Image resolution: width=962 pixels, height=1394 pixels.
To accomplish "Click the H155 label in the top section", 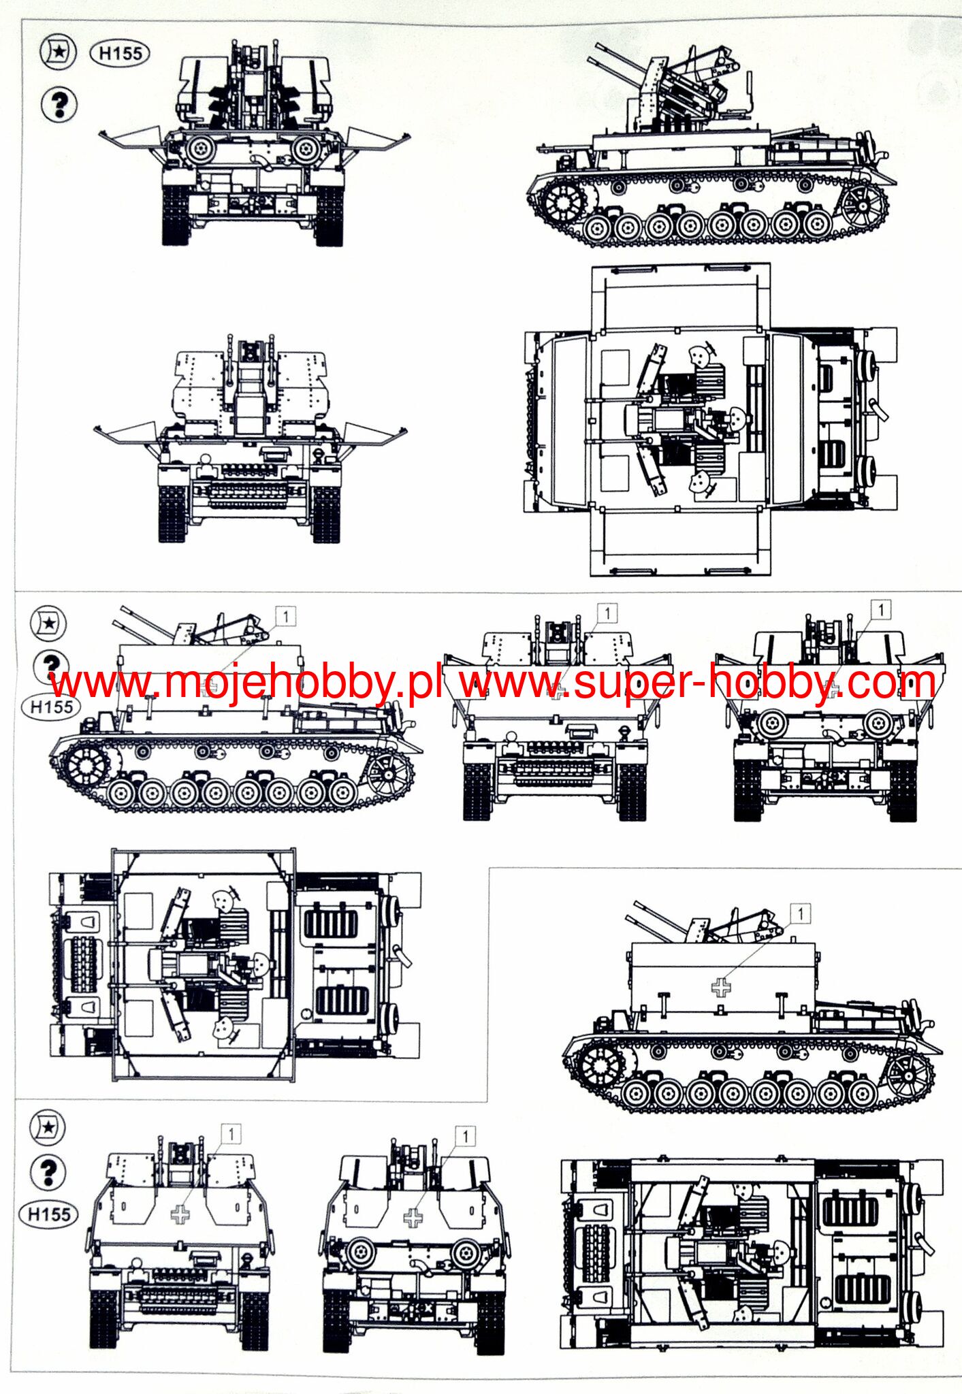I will point(120,53).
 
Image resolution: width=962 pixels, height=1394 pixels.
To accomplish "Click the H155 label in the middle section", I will point(51,707).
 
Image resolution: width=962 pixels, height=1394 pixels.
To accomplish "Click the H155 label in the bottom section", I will point(49,1214).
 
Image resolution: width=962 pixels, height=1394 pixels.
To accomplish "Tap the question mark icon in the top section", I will point(59,104).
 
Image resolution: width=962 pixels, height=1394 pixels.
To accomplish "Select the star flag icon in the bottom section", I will point(48,1127).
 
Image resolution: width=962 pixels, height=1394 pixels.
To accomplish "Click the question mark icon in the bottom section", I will point(48,1171).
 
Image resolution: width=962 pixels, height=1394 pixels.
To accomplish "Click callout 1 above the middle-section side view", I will point(285,617).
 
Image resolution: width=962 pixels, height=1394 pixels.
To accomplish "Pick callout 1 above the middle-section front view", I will point(607,613).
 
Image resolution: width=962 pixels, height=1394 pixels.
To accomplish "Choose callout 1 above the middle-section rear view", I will point(881,609).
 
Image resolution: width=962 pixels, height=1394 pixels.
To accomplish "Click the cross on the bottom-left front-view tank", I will point(180,1214).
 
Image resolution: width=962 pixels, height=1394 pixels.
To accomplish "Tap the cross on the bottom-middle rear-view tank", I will point(413,1217).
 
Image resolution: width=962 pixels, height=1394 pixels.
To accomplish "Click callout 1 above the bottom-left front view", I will point(231,1134).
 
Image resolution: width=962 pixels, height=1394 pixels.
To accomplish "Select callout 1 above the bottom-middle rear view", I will point(465,1135).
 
